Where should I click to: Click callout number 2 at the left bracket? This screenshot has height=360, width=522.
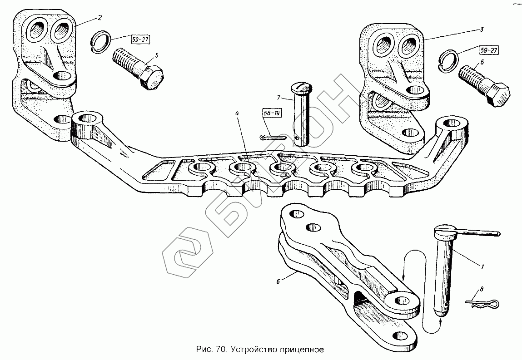coord(99,17)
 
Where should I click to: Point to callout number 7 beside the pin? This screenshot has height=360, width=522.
coord(279,98)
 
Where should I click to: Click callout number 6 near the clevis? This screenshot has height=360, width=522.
coord(278,281)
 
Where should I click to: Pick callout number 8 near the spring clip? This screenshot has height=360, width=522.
coord(482,289)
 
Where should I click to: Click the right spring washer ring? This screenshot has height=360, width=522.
coord(450,61)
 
